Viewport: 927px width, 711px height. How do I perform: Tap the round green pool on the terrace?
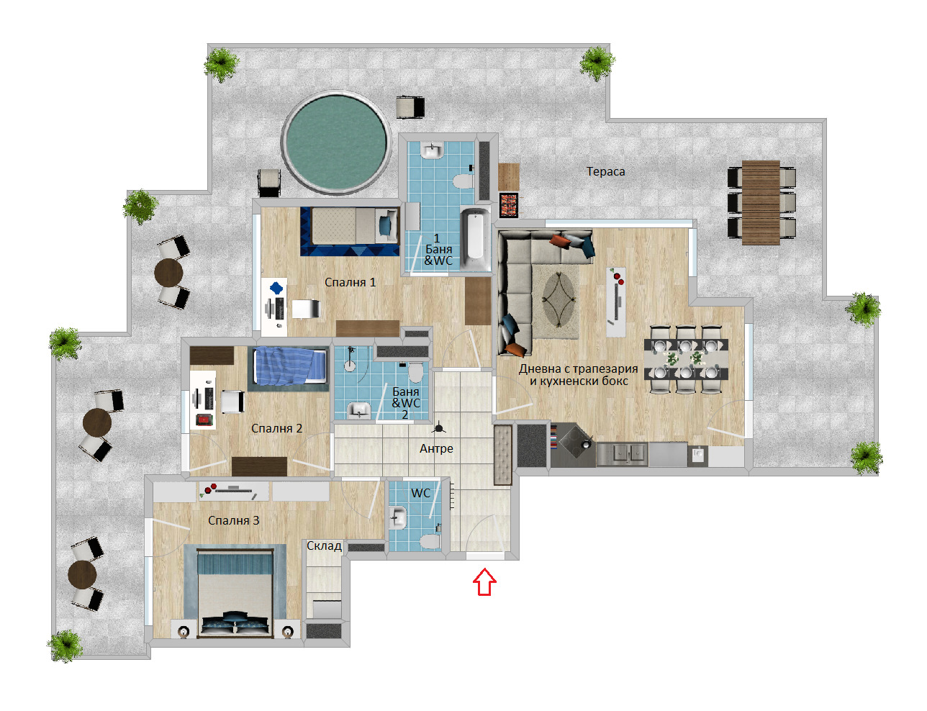pos(335,142)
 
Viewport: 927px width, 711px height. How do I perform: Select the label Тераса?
pos(605,171)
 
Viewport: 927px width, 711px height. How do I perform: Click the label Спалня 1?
pos(350,282)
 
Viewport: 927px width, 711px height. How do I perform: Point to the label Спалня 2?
pos(276,428)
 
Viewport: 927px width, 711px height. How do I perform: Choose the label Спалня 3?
pos(233,520)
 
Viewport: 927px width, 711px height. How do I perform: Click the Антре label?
pos(436,448)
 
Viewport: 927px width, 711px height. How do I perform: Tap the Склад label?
pos(324,545)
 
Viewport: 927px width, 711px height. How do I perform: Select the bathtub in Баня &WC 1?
pos(475,238)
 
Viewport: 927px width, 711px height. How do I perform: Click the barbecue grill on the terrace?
pos(509,204)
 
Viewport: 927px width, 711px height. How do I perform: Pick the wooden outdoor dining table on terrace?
pos(761,203)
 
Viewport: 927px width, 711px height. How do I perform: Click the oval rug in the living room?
pos(559,299)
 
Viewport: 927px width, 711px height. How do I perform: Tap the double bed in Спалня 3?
pos(235,593)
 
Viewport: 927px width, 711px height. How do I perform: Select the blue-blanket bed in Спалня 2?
pos(290,365)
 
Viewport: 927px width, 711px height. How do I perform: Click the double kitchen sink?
pos(622,454)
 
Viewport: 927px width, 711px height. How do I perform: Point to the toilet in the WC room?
pos(430,542)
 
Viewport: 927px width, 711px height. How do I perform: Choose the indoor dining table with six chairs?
pos(686,358)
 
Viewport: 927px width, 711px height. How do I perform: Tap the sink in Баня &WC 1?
pos(432,150)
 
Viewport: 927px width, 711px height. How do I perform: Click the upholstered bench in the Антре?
pos(502,455)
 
